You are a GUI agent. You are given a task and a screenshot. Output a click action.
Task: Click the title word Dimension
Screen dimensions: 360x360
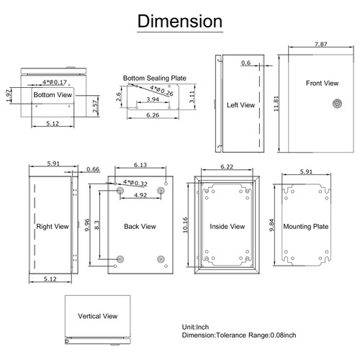point(179,21)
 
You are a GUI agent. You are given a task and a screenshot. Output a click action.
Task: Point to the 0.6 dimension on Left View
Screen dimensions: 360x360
point(246,63)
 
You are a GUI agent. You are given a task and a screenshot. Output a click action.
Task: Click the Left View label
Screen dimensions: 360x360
point(240,105)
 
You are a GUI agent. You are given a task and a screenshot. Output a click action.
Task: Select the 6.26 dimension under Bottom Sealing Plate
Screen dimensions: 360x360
point(153,114)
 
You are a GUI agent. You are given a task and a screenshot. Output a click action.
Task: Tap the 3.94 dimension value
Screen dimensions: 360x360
point(152,100)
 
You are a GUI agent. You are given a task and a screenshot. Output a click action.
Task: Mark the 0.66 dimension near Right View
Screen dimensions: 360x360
point(92,170)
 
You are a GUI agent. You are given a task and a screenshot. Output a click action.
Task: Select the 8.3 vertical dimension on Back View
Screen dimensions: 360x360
point(97,223)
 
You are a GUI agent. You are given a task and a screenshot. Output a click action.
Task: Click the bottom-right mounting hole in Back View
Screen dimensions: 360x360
point(160,259)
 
